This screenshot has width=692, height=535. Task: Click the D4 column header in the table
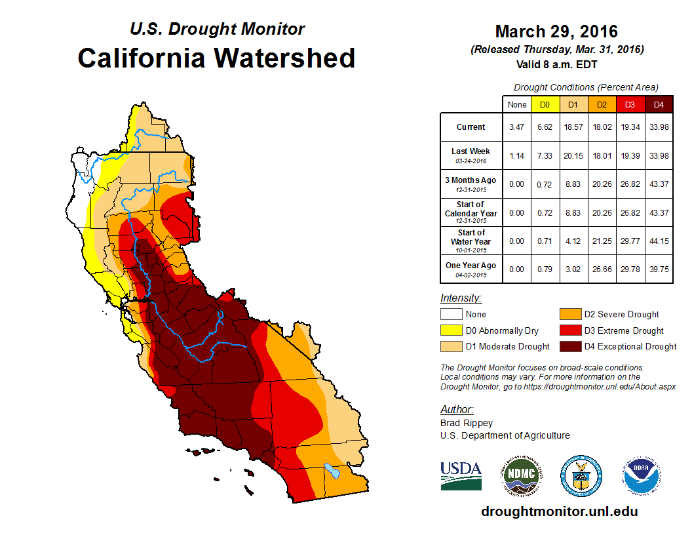[x=659, y=105]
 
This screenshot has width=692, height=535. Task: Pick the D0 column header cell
[x=545, y=105]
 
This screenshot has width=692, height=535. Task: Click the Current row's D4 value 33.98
[x=659, y=127]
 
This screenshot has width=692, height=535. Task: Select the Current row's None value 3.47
[x=517, y=127]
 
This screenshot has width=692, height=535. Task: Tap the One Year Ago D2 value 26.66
[x=602, y=266]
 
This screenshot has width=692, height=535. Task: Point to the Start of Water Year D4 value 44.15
[x=659, y=241]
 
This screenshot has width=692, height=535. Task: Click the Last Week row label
[x=471, y=151]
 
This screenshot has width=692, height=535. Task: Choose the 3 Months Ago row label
[x=471, y=180]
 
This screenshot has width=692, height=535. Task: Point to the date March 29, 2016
[x=556, y=31]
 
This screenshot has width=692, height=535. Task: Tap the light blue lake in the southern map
[x=332, y=471]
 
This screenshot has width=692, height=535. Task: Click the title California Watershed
[x=216, y=58]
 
